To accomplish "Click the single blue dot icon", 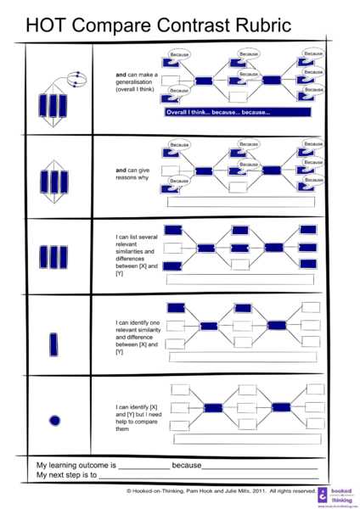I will pyautogui.click(x=55, y=419).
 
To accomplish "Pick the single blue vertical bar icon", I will pyautogui.click(x=54, y=344).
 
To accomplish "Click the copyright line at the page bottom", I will pyautogui.click(x=221, y=490).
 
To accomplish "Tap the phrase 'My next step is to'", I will pyautogui.click(x=66, y=476).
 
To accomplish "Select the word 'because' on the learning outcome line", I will pyautogui.click(x=186, y=466).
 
